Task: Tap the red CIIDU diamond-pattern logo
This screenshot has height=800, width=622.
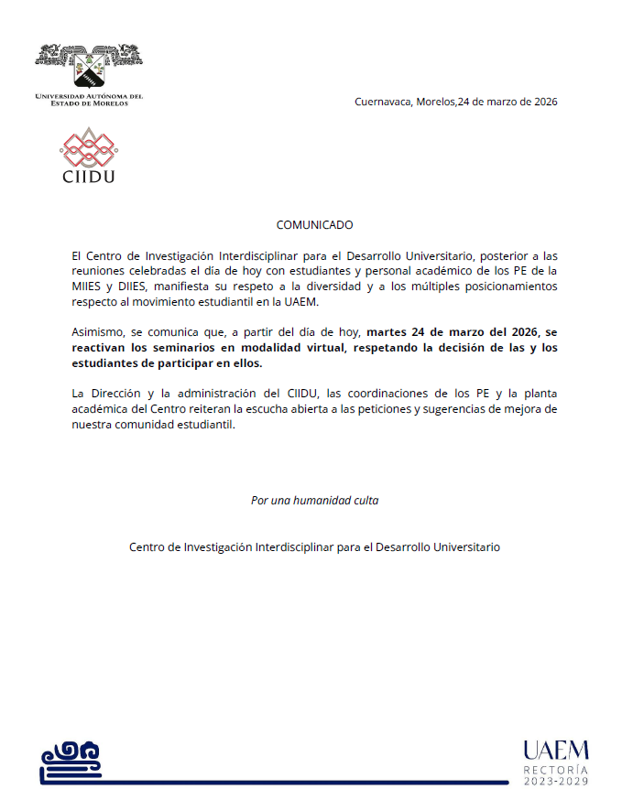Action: click(x=89, y=146)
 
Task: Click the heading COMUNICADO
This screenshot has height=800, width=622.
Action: click(x=314, y=225)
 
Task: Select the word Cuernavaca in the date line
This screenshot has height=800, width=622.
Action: click(x=384, y=102)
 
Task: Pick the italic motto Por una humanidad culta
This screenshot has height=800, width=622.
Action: click(x=314, y=501)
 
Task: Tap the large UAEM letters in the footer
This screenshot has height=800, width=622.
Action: click(x=556, y=751)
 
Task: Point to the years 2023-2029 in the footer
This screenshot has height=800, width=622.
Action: click(x=556, y=781)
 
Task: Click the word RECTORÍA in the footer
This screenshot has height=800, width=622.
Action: click(x=556, y=769)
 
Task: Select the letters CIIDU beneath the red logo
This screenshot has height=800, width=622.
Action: click(x=89, y=176)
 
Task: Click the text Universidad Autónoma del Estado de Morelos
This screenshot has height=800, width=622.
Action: click(x=89, y=99)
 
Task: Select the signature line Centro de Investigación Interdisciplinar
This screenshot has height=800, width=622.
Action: click(x=314, y=547)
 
